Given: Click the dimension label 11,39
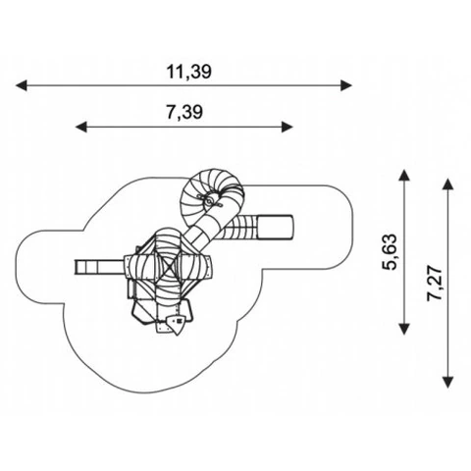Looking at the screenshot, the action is pos(189,72).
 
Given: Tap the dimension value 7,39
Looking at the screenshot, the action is pos(184,112).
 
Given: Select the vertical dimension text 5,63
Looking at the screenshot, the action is pos(391,252).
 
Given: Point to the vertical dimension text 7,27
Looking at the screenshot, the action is pos(435,284).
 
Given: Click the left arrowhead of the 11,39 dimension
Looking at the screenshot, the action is pos(22,85).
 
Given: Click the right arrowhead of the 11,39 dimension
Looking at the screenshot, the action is pos(346,85).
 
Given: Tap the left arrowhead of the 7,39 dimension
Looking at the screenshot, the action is pos(81,127).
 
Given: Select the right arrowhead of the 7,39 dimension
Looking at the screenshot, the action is pos(287,127).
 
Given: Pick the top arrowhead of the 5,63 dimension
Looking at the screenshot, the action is pos(404,175).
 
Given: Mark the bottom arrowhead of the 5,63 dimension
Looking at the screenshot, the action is pos(404,329).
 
